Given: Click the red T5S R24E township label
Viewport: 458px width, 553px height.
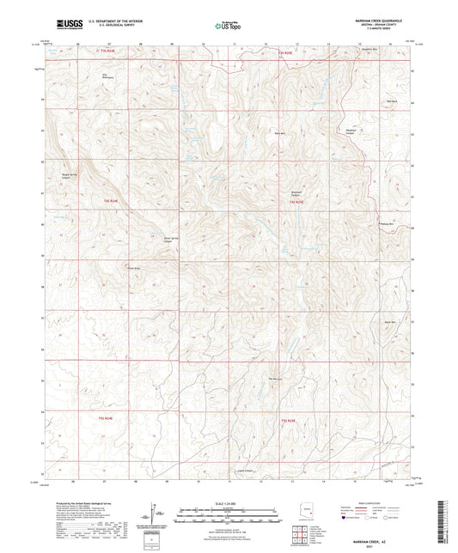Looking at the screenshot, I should pos(106,53).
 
